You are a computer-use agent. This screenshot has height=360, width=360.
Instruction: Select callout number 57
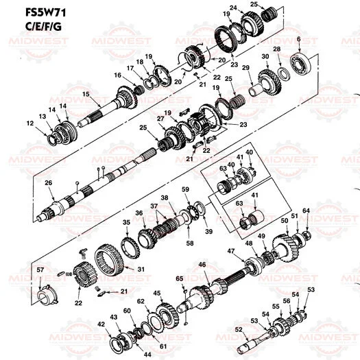click(40, 270)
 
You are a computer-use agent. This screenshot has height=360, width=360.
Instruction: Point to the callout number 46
click(202, 265)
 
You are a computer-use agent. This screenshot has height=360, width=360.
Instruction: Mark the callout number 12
click(29, 123)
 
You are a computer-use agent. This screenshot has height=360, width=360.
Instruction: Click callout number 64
click(307, 210)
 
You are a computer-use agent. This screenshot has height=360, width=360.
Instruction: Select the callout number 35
click(125, 223)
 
